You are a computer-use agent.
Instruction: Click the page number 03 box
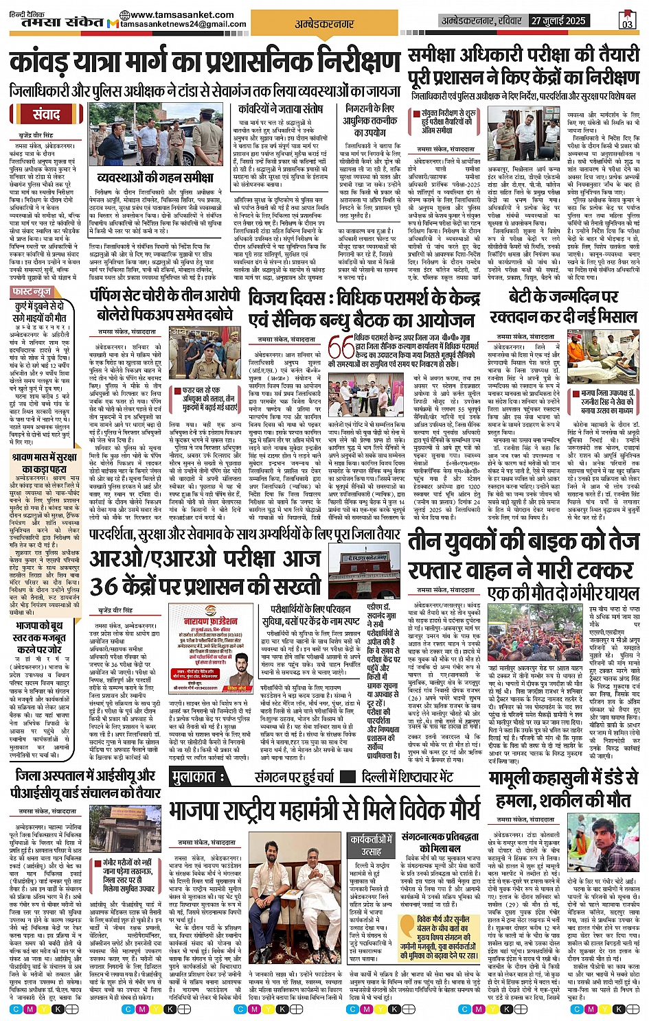pos(626,21)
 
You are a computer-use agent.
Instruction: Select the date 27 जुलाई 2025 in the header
pos(558,21)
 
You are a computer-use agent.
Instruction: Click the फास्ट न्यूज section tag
pos(32,292)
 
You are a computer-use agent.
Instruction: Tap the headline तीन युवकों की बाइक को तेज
pos(523,542)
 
